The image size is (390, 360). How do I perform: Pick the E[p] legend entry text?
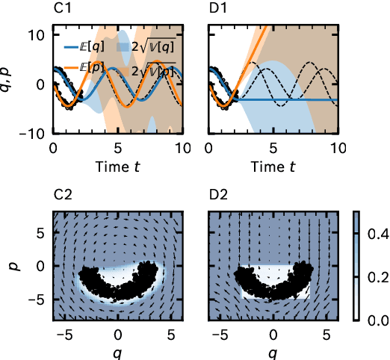(96, 69)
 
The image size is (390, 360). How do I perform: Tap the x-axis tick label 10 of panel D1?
(338, 149)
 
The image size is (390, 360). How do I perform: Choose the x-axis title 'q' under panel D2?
(273, 351)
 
